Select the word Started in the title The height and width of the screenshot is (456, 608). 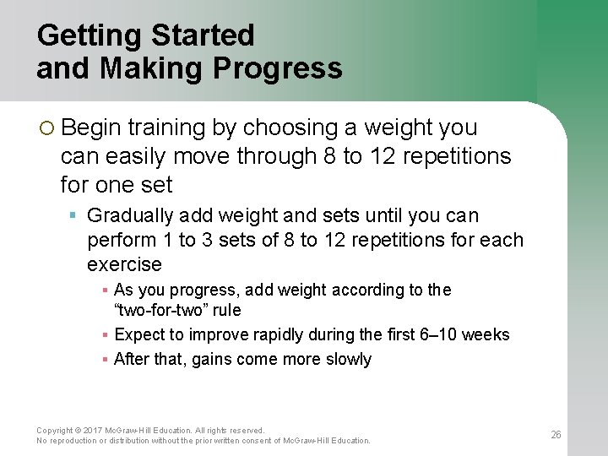[x=203, y=35]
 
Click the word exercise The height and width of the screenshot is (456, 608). [x=124, y=264]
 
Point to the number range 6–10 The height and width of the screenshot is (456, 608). [x=438, y=334]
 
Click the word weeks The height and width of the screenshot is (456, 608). [x=487, y=334]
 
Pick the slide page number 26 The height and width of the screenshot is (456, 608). [x=556, y=435]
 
